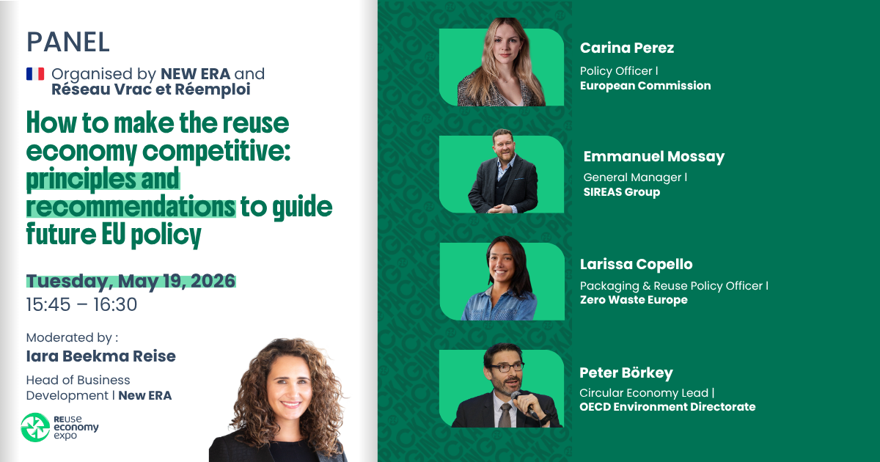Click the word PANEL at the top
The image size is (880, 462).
(67, 42)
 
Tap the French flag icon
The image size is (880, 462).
(35, 74)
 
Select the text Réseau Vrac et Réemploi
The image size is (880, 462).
(139, 89)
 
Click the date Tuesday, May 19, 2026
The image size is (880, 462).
(131, 281)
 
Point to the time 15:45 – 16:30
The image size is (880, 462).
(81, 304)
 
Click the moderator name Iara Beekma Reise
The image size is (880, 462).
(100, 356)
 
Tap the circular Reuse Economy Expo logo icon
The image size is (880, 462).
(34, 428)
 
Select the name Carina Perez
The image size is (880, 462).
(626, 48)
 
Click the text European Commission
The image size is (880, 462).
(645, 85)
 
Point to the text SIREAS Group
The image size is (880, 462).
(621, 192)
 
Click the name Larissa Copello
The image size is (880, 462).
(636, 264)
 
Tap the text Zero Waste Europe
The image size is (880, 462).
(634, 299)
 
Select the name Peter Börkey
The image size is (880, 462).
(626, 373)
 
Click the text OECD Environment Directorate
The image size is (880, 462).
(667, 406)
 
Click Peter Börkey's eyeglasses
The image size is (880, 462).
(506, 366)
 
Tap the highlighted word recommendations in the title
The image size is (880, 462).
(131, 207)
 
